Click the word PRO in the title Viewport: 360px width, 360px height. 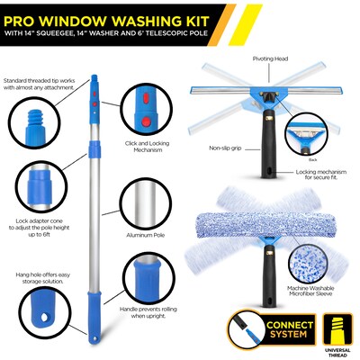(x=26, y=17)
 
